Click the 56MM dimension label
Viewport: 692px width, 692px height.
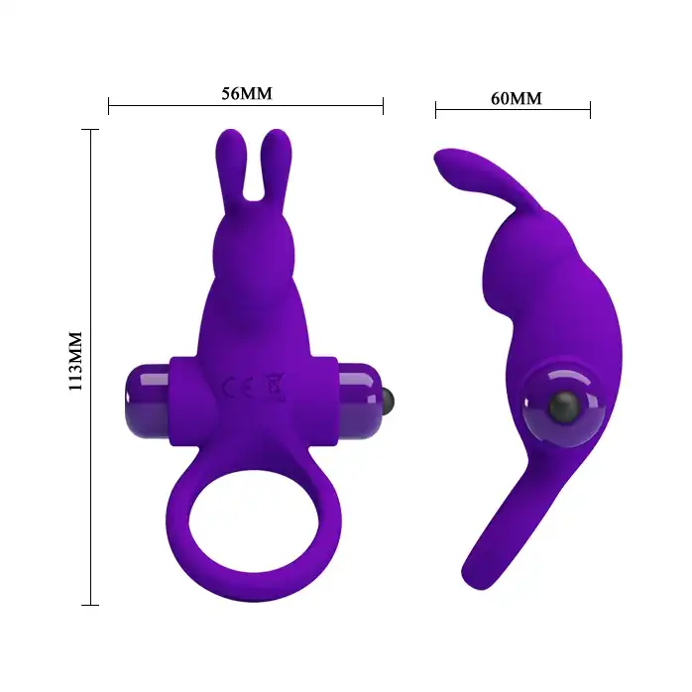click(247, 93)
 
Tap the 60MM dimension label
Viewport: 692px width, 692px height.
click(517, 98)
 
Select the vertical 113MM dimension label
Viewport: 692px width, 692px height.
click(75, 361)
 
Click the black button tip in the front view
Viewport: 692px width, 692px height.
click(388, 402)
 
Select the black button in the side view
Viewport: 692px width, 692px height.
click(563, 406)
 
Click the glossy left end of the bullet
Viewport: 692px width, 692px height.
click(148, 402)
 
